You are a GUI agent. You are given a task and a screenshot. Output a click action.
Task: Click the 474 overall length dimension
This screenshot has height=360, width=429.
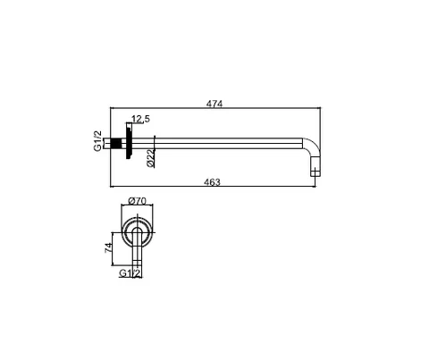[x=214, y=104]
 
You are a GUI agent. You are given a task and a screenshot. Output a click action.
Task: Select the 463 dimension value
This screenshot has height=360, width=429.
[x=212, y=182]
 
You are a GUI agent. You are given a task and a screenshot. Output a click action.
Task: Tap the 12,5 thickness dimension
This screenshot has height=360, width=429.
[x=141, y=119]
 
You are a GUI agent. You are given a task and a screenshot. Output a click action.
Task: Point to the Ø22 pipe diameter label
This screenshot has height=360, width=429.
[x=151, y=158]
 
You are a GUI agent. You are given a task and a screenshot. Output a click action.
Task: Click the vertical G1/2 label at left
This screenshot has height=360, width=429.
[x=98, y=141]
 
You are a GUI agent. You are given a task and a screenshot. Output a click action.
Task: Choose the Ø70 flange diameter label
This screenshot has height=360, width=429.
[x=137, y=201]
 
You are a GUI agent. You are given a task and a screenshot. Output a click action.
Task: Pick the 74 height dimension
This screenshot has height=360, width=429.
[x=108, y=247]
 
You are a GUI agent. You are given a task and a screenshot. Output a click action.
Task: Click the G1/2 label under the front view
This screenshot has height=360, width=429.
[x=130, y=273]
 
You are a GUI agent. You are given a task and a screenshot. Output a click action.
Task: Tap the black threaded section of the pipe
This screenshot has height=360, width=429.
[x=116, y=143]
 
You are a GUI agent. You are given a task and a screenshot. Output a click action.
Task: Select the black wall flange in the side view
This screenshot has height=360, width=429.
[x=129, y=141]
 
